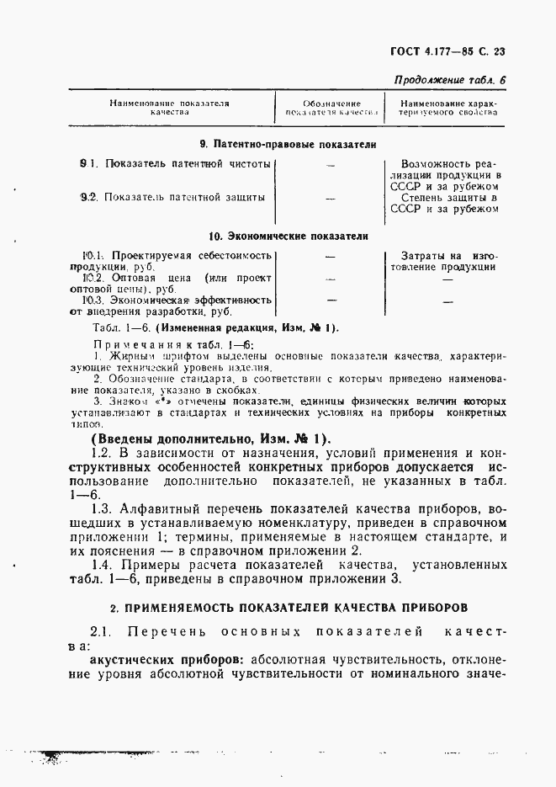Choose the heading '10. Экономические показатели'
[x=288, y=237]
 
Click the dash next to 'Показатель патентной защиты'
[x=330, y=199]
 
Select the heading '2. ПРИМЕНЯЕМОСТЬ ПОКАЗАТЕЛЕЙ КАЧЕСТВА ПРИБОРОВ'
[x=288, y=607]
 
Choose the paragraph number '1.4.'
[x=104, y=563]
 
